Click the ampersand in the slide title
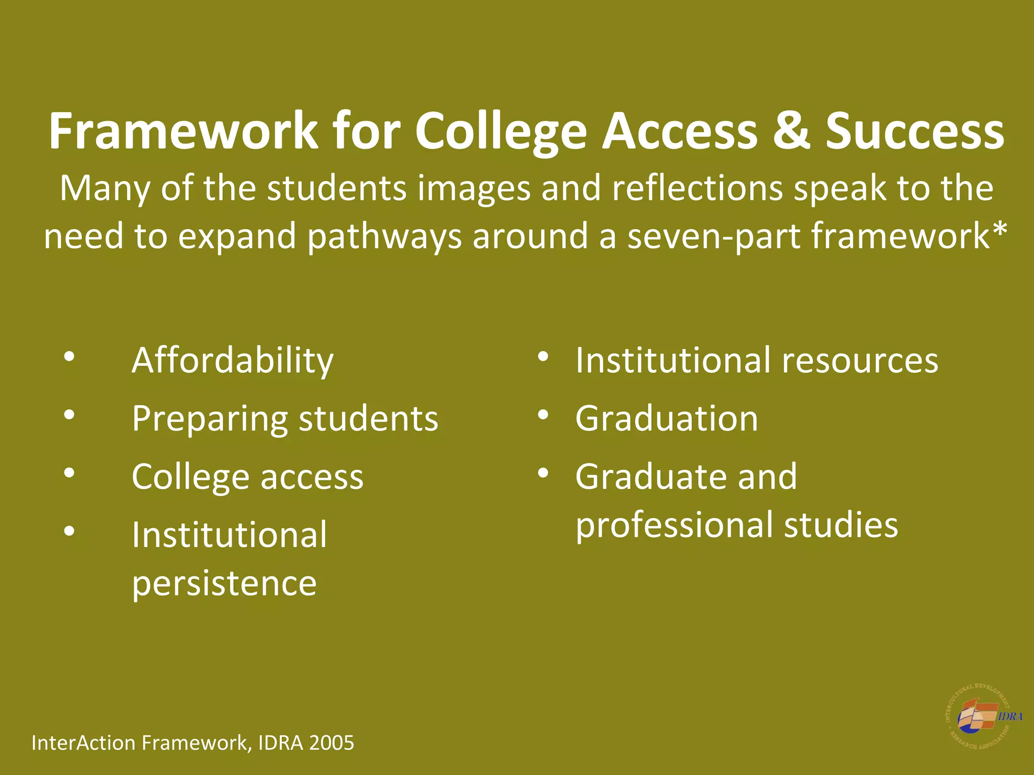pyautogui.click(x=791, y=131)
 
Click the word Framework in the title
pyautogui.click(x=183, y=131)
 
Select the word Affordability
pyautogui.click(x=233, y=361)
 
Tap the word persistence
pyautogui.click(x=224, y=583)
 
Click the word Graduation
pyautogui.click(x=666, y=419)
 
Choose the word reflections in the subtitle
pyautogui.click(x=697, y=188)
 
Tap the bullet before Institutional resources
pyautogui.click(x=543, y=357)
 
